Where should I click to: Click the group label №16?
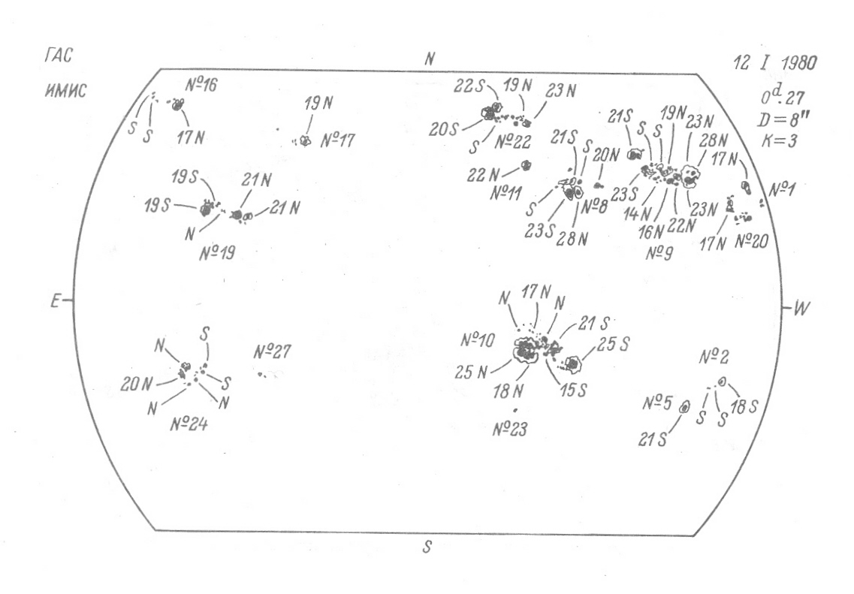coord(201,85)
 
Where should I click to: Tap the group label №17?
coord(338,141)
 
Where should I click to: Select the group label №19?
coord(217,253)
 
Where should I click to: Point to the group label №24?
coord(189,424)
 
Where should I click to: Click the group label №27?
coord(273,352)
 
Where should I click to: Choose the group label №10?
coord(478,340)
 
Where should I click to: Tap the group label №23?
coord(510,430)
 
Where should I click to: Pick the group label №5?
coord(657,403)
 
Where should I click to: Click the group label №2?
coord(714,357)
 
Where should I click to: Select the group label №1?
coord(783,189)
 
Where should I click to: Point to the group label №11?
coord(506,193)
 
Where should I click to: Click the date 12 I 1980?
coord(775,62)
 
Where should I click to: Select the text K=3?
coord(779,141)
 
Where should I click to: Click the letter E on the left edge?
coord(55,301)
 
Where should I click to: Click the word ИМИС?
coord(65,90)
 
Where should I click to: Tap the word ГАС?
coord(58,56)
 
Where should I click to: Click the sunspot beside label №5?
coord(684,406)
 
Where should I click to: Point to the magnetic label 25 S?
coord(613,344)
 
